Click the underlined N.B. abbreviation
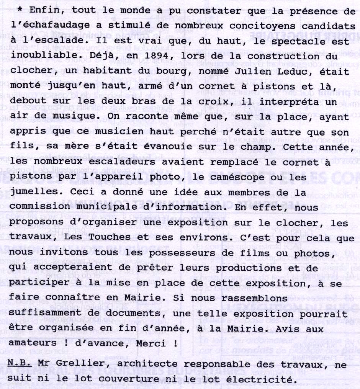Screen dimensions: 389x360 click(x=20, y=365)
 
